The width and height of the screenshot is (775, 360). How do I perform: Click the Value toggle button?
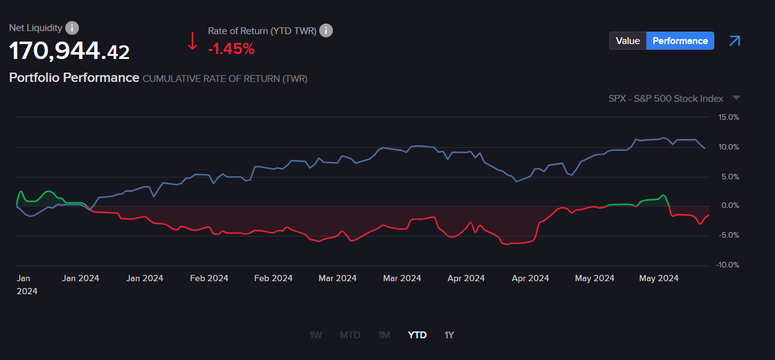point(628,41)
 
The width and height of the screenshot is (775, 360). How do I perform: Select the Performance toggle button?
point(680,41)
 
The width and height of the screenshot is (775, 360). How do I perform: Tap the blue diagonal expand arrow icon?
point(735,41)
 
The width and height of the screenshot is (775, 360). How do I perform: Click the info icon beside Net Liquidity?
point(72,28)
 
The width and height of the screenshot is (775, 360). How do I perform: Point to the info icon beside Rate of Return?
point(326,30)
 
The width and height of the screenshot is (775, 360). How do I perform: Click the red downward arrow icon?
point(193,41)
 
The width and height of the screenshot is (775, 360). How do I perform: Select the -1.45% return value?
point(231,49)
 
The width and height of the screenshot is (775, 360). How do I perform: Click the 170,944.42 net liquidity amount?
point(70,51)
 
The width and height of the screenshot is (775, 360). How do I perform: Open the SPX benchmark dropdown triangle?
point(736,98)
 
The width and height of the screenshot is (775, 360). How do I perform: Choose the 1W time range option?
point(315,335)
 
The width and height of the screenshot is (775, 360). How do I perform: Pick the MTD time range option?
point(350,335)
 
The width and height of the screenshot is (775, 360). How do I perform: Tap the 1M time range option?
point(384,335)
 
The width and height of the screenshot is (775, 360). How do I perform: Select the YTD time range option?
point(417,335)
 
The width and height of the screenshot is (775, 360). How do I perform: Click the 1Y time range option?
point(450,335)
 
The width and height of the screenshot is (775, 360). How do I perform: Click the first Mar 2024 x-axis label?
point(337,278)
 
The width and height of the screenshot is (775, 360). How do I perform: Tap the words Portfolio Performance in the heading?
point(74,78)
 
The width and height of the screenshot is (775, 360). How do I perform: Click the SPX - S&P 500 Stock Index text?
point(666,98)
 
